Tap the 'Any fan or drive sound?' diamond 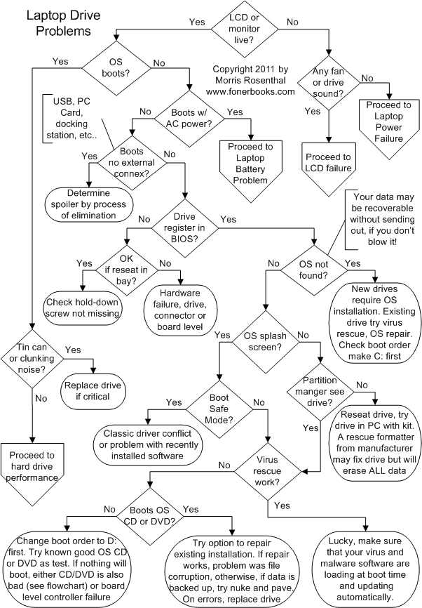tap(329, 87)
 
